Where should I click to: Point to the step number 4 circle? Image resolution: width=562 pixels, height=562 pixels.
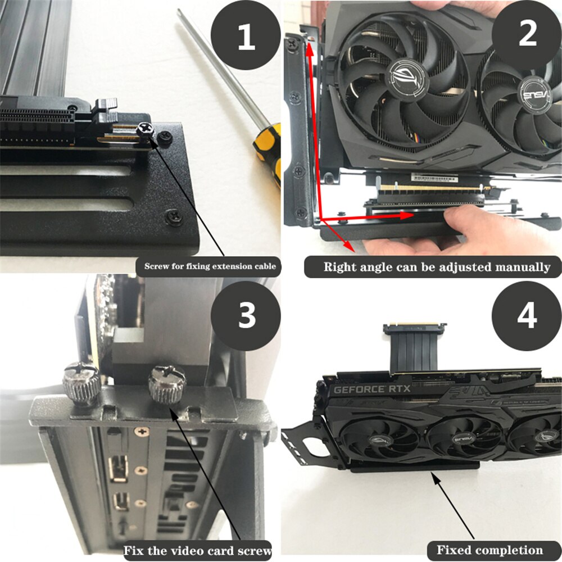[x=526, y=315]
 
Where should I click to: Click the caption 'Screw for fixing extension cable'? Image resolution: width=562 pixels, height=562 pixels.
[x=210, y=266]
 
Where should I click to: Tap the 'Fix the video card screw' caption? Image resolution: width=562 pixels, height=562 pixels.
[x=197, y=550]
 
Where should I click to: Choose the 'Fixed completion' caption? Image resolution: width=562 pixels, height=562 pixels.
[x=490, y=550]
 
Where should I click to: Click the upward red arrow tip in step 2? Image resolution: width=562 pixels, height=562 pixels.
[x=309, y=46]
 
